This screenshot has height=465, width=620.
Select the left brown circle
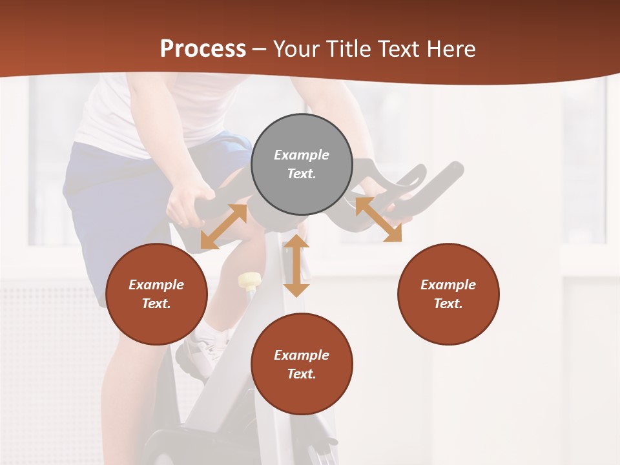(x=156, y=294)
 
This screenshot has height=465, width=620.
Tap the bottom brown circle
(x=302, y=364)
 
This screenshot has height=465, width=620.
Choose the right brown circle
(x=448, y=294)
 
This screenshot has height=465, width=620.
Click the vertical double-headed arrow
(x=296, y=265)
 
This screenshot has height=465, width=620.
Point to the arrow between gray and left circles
(x=223, y=227)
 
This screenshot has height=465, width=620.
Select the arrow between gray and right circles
(x=378, y=220)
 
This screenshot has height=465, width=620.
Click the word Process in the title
(x=203, y=49)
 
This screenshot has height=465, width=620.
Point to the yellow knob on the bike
(x=249, y=280)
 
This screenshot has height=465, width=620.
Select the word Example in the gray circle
(x=302, y=155)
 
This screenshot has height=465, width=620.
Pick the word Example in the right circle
(x=448, y=285)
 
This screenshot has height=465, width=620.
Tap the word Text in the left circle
(x=156, y=304)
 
